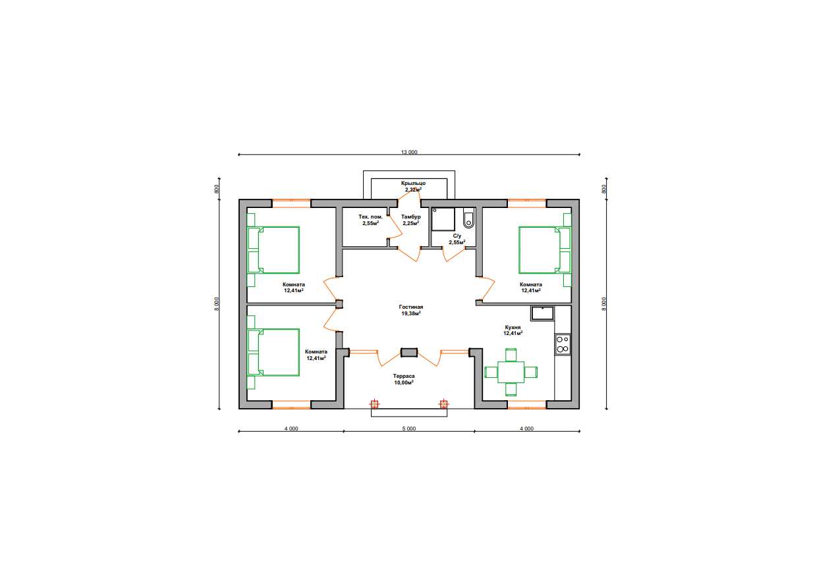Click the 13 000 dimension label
pos(409,152)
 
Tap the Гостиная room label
pos(411,307)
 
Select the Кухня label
pos(513,327)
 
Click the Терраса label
pos(404,377)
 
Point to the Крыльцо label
pos(413,183)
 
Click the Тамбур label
pos(411,217)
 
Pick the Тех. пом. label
pos(371,217)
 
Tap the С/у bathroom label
pos(457,236)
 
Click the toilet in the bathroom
pos(469,220)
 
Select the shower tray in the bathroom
pos(443,219)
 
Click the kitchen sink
pos(543,313)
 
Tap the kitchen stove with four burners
pos(563,344)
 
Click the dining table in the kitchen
pos(511,372)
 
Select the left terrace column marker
pos(374,404)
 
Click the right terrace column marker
pos(443,404)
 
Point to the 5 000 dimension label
pos(409,429)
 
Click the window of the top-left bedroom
pos(291,203)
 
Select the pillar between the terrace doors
pos(409,352)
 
